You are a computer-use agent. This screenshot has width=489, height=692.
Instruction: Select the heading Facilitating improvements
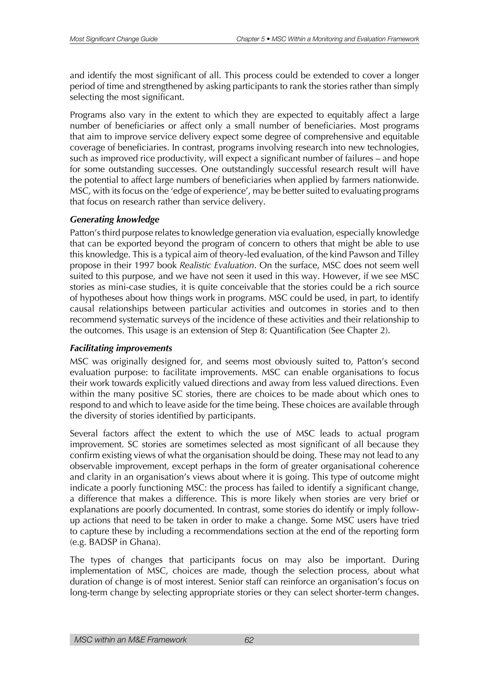pyautogui.click(x=121, y=348)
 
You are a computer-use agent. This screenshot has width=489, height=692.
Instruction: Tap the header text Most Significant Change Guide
pyautogui.click(x=113, y=39)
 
